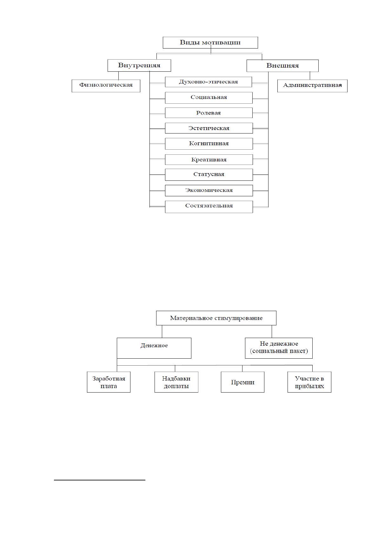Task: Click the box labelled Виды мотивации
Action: pos(210,43)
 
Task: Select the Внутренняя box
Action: pos(139,65)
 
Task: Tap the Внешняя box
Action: pos(282,66)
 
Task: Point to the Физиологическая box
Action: pos(106,86)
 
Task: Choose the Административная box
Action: pos(312,86)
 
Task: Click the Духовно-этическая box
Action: pos(208,82)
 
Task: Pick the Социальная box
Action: pos(209,98)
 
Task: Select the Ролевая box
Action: pos(209,113)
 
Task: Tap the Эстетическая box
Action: pos(209,128)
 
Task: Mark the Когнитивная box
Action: pos(209,144)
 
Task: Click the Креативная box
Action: pos(209,160)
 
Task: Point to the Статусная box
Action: pos(209,174)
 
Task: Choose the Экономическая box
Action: pos(209,191)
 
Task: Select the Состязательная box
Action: pos(209,207)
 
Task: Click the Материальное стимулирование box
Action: pos(216,318)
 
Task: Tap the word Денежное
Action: pos(154,345)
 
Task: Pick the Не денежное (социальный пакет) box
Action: pos(279,348)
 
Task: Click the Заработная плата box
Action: pos(109,382)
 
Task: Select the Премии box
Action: pos(242,382)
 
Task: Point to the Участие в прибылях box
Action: pos(309,382)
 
